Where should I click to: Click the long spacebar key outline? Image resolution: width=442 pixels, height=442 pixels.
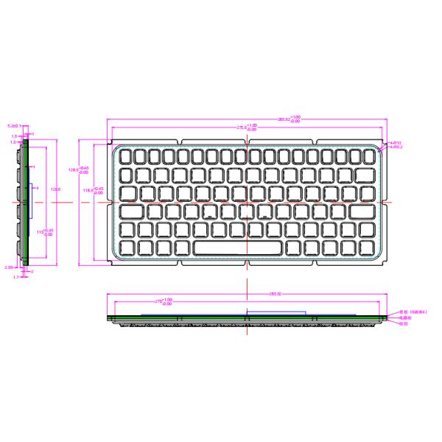coord(237,247)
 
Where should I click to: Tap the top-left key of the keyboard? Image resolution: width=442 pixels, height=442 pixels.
coord(125,156)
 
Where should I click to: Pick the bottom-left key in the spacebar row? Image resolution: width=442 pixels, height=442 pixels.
coord(125,247)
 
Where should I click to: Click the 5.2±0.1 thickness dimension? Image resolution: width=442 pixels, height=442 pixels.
coord(13,126)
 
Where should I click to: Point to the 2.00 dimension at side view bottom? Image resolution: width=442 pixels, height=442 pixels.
coord(9,267)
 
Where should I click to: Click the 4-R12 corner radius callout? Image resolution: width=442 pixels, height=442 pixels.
coord(396,142)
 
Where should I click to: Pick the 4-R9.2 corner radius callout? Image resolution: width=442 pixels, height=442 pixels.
coord(396,147)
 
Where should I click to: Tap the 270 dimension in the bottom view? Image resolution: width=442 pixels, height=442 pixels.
coord(163,301)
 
